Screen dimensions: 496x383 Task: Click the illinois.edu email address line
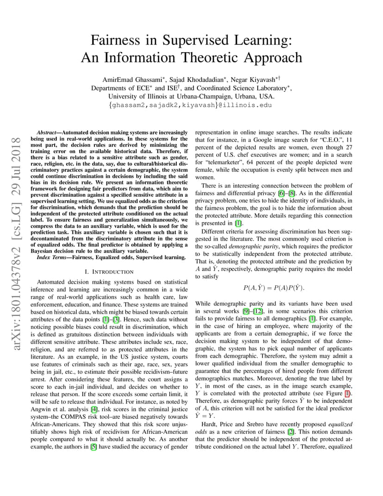(191, 105)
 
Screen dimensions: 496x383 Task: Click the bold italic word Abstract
(48, 132)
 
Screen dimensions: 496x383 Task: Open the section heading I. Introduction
(109, 272)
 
